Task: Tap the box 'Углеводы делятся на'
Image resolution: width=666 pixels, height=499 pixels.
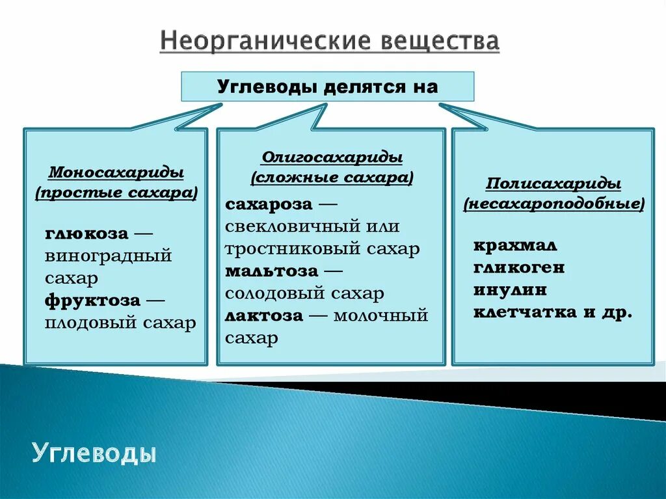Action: pos(327,87)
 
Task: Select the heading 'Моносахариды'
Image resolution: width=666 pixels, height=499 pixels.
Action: pos(116,174)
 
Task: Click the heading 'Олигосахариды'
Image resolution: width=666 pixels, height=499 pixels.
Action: pos(332,158)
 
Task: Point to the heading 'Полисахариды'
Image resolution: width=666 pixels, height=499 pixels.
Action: pos(553,184)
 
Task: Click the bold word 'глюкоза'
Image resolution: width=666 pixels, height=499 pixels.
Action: pos(87,234)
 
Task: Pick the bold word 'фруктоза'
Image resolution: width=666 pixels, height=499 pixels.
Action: pos(92,301)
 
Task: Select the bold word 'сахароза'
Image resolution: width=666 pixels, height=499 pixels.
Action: pos(269,204)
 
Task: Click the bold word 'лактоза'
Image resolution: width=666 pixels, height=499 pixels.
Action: pos(264,316)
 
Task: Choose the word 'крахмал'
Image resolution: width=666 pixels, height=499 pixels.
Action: pos(515,246)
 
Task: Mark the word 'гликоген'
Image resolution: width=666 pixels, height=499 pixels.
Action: pos(519,267)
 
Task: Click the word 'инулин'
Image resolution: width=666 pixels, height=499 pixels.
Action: pos(510,290)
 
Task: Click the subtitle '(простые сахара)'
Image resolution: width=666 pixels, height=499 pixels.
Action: pos(116,193)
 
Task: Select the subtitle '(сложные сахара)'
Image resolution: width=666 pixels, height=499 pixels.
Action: pos(332,178)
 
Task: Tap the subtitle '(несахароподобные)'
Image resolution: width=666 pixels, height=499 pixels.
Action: pos(553,204)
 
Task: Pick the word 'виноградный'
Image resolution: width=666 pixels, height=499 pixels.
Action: pos(108,256)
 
